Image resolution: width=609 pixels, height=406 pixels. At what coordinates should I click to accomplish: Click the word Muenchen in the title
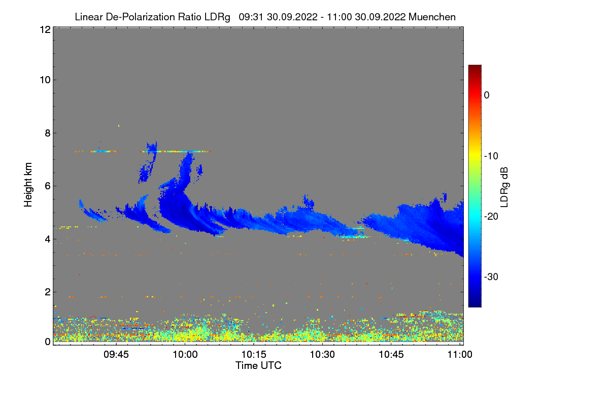432,17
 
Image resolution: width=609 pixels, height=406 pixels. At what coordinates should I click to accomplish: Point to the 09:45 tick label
116,354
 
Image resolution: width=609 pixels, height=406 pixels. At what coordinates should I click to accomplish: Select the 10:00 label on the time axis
185,354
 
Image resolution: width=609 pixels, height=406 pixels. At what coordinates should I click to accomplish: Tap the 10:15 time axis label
254,354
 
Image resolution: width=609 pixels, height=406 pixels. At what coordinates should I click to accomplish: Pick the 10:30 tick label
323,354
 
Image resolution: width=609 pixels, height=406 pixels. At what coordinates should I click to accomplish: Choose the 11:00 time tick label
460,354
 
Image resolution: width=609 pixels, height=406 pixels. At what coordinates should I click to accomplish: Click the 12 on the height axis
44,29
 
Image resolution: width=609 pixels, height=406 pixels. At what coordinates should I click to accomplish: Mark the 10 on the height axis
44,80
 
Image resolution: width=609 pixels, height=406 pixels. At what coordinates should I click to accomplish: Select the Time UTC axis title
258,365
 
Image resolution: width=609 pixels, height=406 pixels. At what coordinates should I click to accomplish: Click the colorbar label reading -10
491,156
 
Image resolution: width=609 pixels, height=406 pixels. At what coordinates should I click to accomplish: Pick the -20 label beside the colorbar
491,216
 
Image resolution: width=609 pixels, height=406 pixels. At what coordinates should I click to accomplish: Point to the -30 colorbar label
491,277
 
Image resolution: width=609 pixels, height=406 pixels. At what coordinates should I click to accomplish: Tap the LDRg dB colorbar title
504,186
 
